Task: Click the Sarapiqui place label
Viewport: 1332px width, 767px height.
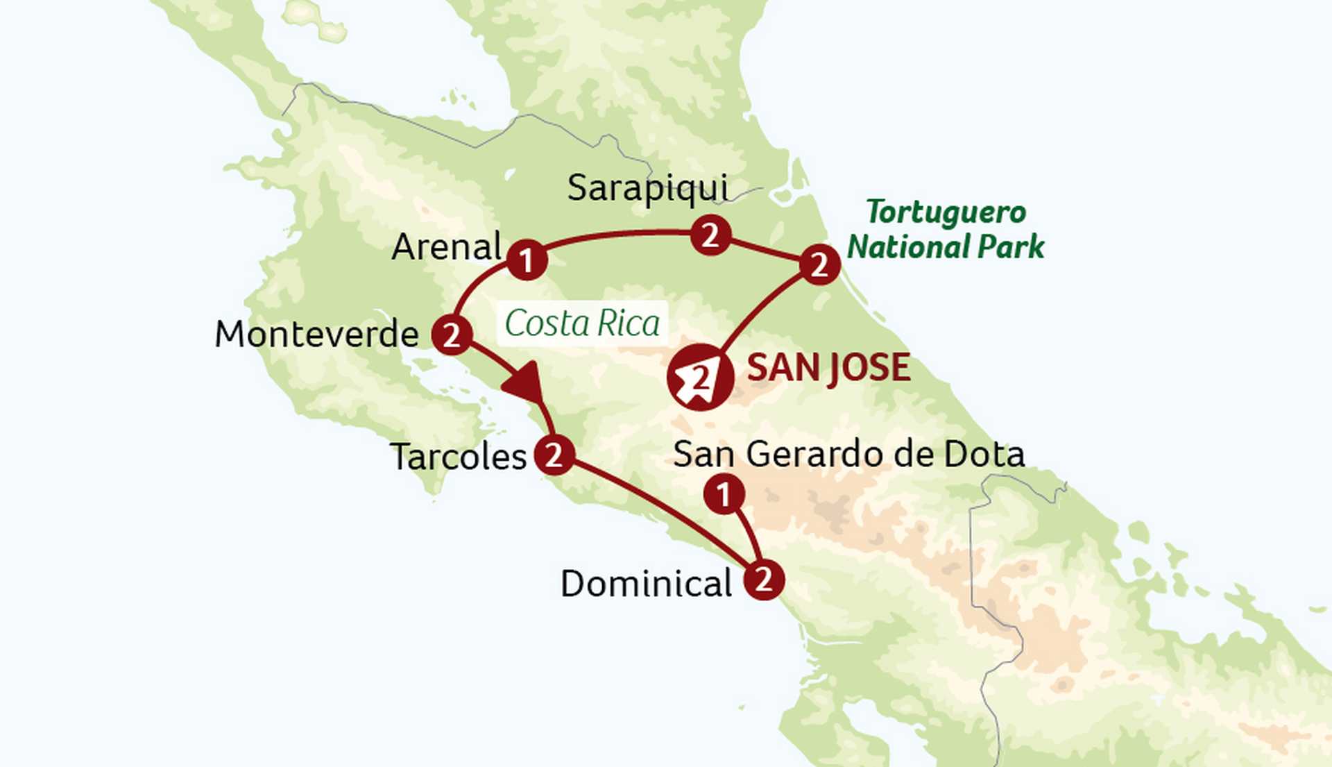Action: coord(647,188)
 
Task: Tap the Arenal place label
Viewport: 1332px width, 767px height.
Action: coord(446,247)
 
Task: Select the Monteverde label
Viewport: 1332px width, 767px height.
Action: coord(317,335)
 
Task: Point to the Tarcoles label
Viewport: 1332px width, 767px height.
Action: coord(459,457)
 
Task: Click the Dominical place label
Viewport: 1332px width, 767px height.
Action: coord(646,584)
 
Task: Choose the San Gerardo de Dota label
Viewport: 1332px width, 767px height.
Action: coord(848,455)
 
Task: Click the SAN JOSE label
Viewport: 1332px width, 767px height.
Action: coord(828,368)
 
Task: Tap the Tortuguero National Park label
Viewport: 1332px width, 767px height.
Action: coord(946,230)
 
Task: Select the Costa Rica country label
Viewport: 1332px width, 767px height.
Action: coord(582,323)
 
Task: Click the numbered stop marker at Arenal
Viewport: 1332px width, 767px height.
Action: coord(527,260)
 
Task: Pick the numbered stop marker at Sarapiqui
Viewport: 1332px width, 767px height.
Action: coord(710,236)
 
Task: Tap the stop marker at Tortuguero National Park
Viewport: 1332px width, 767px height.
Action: coord(819,264)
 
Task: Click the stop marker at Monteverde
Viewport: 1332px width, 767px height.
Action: coord(452,335)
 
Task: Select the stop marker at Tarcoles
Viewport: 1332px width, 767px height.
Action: coord(554,455)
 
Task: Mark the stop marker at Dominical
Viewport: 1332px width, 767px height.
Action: coord(764,580)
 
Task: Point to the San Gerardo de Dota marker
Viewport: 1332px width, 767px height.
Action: coord(724,495)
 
